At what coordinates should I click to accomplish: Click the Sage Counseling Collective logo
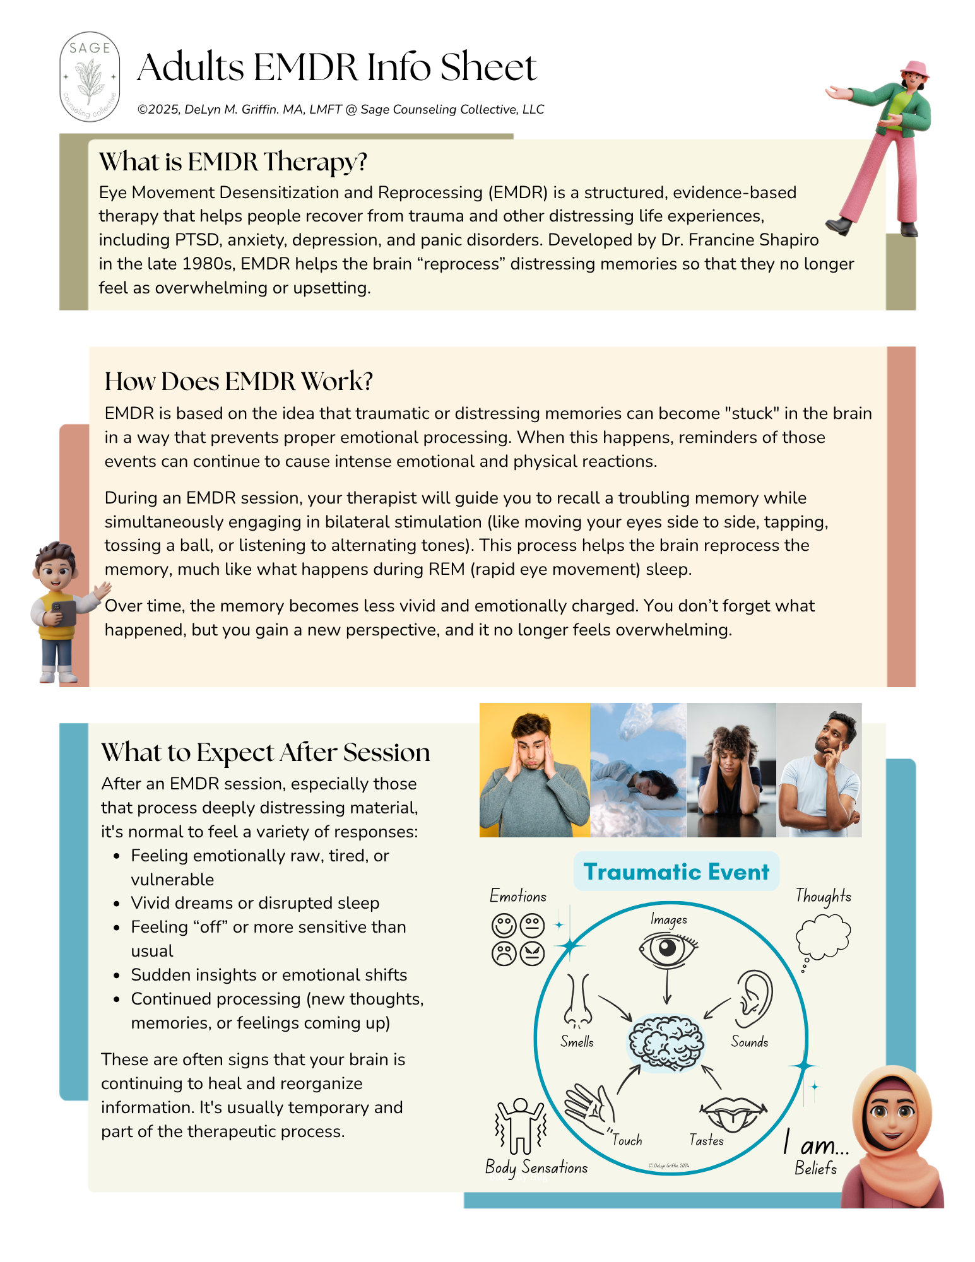(x=90, y=77)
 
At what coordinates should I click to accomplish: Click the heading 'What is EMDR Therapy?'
(x=233, y=162)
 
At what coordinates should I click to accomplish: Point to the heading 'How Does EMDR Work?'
(x=239, y=381)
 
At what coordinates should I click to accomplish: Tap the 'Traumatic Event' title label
(x=676, y=872)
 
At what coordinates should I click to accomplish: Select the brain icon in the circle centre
(x=665, y=1042)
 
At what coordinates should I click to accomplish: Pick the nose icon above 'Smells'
(x=577, y=1001)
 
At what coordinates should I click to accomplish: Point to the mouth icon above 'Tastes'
(x=733, y=1114)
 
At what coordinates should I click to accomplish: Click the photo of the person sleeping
(x=638, y=770)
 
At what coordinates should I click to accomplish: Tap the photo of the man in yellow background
(x=535, y=770)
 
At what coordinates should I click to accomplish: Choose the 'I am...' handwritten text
(x=816, y=1143)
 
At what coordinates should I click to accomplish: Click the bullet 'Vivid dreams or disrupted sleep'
(x=255, y=904)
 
